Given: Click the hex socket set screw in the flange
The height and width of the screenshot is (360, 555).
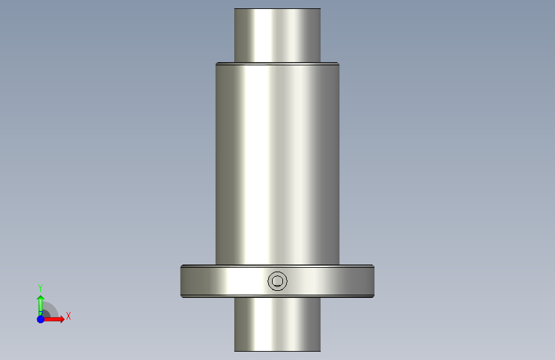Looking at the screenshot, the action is point(278,281).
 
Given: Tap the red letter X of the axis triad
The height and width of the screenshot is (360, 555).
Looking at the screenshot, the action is point(68,316).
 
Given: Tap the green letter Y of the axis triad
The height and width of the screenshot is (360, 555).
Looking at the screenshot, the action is point(40,288).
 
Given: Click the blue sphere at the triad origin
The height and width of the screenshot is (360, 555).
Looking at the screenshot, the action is point(41,319).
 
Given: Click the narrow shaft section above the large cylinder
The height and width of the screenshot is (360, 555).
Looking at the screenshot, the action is point(278,35).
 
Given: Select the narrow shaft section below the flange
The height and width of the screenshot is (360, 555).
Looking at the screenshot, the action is point(278,324).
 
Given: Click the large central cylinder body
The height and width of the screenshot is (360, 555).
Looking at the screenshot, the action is point(278,164).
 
